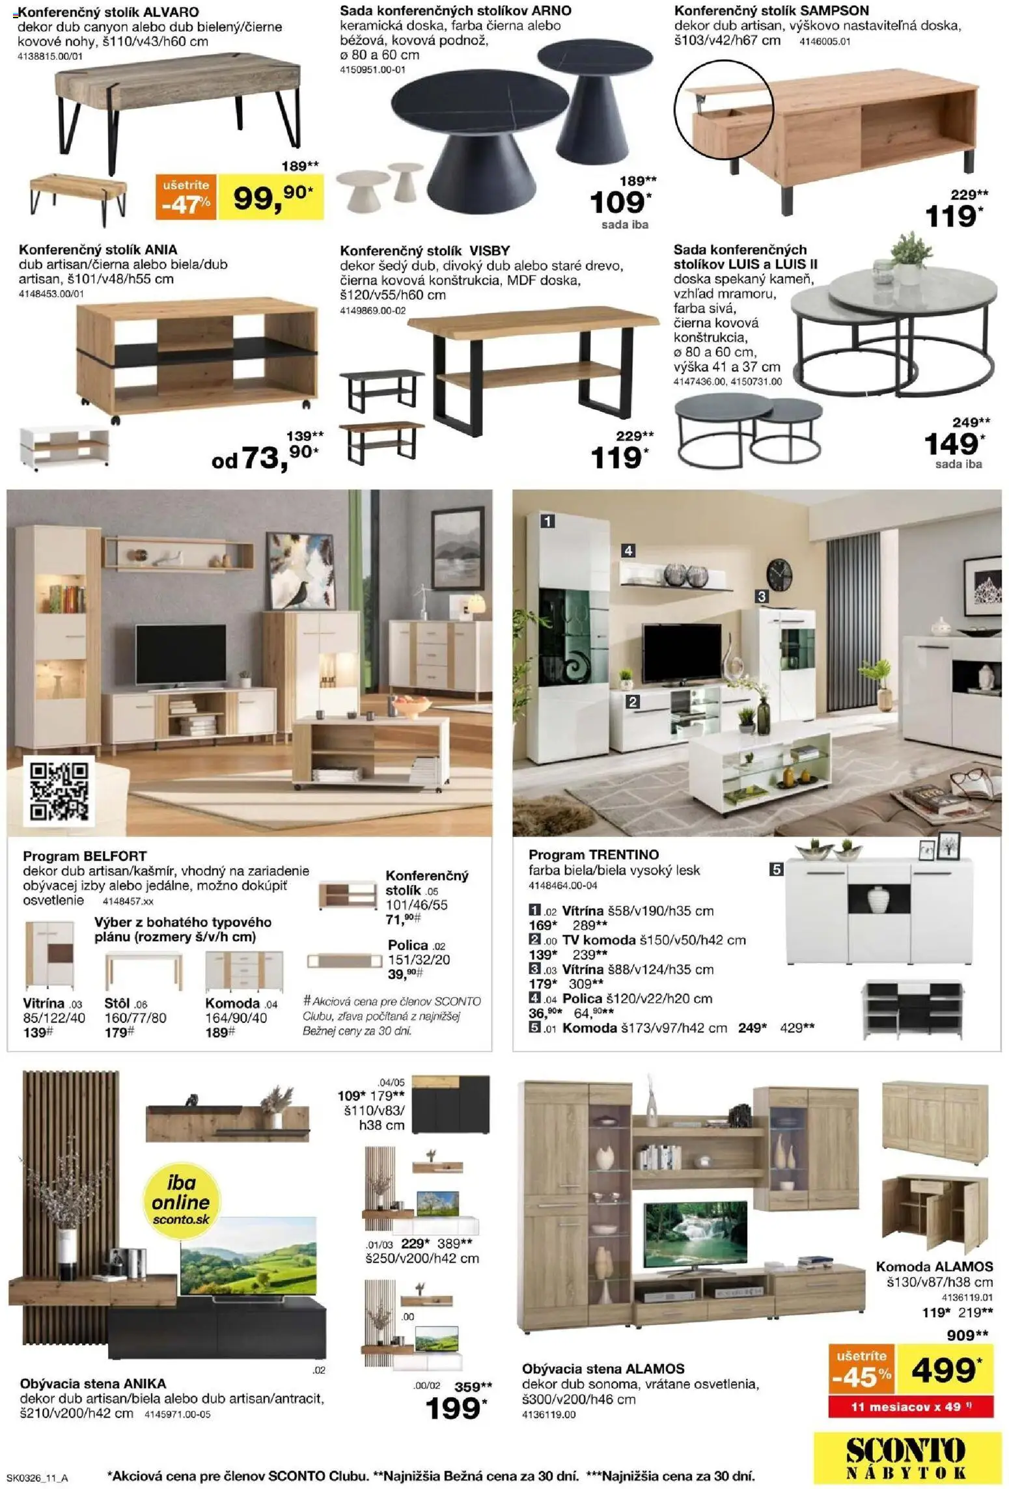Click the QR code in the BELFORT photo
coord(59,791)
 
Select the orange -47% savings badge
coord(186,198)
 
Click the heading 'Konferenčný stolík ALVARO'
coord(109,12)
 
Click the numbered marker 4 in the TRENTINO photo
coord(628,551)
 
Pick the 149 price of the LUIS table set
coord(952,444)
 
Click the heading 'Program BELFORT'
coord(85,856)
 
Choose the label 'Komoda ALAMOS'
coord(934,1279)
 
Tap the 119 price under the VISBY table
coord(617,458)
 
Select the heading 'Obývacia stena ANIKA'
coord(93,1384)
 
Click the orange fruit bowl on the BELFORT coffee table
coord(411,708)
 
